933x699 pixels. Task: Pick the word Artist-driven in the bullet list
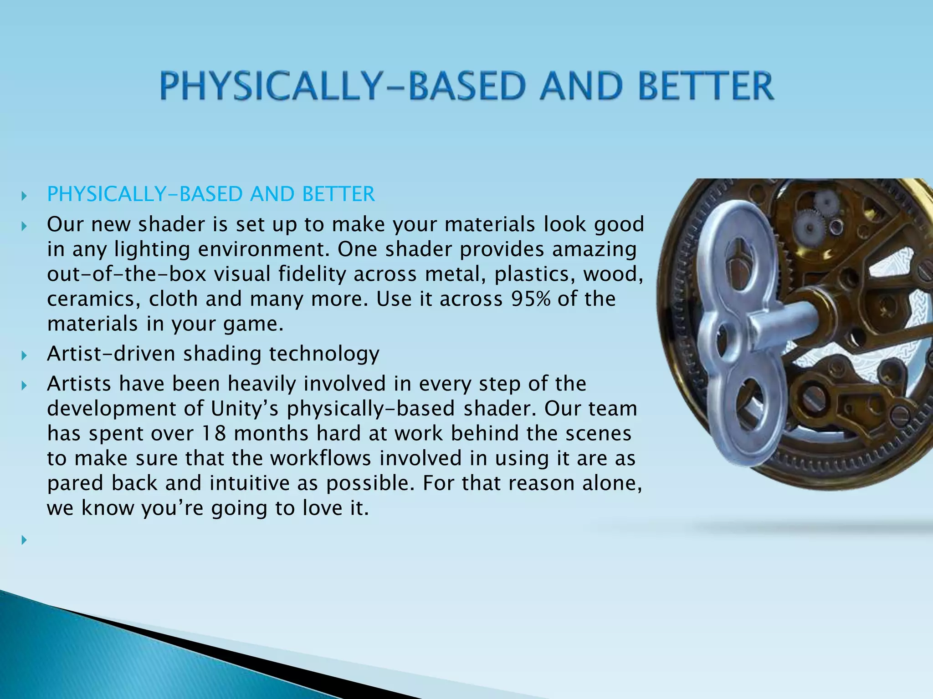click(111, 354)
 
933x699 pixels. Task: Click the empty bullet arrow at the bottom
click(24, 540)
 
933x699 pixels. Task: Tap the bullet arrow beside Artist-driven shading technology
click(24, 355)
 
